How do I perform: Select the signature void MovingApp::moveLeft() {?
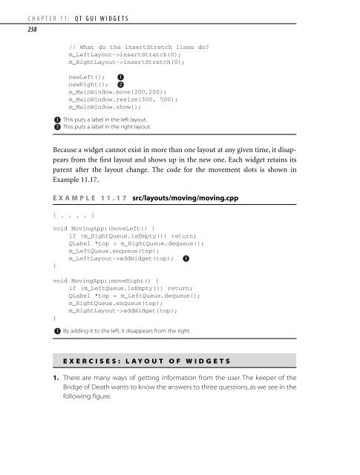click(x=108, y=249)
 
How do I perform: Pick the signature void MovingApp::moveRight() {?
click(x=111, y=301)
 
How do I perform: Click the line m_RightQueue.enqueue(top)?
click(x=121, y=324)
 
